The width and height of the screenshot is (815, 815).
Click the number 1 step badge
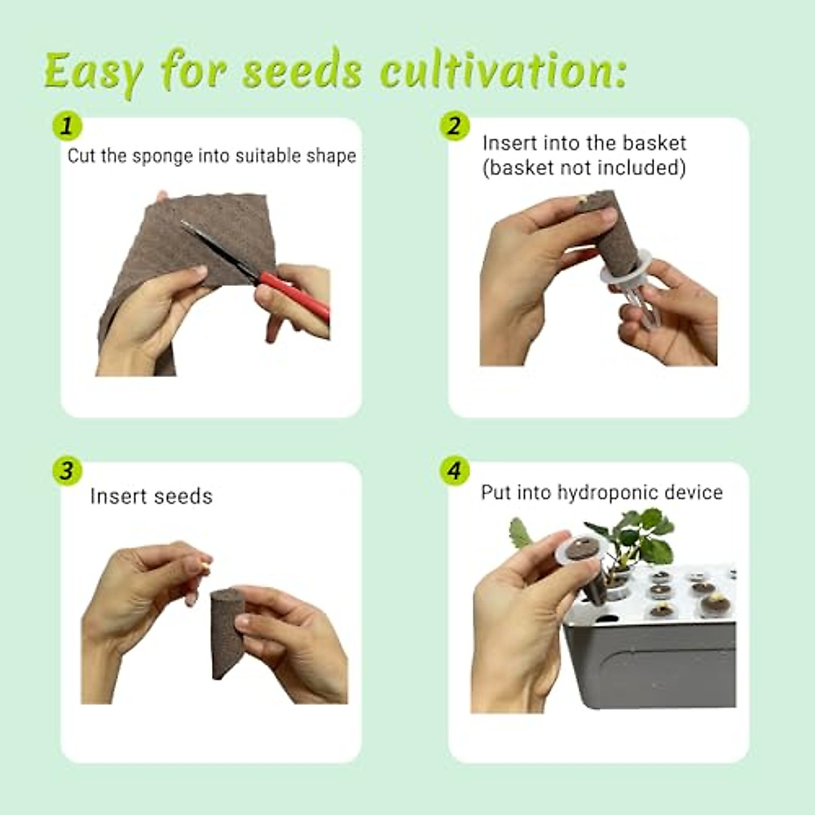(67, 126)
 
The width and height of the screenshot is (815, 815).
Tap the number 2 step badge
(454, 126)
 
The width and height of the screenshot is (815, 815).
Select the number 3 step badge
(67, 471)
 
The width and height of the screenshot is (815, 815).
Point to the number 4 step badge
(454, 471)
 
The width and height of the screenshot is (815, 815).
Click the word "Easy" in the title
(94, 72)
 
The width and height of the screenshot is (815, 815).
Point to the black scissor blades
(217, 248)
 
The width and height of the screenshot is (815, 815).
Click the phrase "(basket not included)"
(584, 168)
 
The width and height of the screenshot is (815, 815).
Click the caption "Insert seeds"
(151, 496)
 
